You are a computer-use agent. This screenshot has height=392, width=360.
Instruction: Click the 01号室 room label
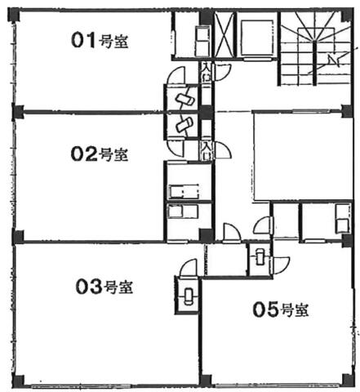100,40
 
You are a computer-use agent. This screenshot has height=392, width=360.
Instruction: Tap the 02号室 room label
99,154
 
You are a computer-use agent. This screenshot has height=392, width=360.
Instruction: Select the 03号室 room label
104,287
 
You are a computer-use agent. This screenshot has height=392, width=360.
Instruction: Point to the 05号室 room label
281,310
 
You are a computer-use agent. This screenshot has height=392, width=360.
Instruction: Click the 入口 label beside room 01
206,72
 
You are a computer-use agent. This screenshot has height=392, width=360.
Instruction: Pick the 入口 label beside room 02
206,150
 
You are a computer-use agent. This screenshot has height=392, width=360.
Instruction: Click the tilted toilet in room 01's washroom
185,99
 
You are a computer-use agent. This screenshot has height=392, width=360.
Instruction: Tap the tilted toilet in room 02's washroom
184,124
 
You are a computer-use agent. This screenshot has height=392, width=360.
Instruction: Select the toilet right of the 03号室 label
188,296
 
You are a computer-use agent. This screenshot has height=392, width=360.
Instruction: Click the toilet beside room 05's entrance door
260,256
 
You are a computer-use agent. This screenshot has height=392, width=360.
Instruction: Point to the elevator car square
256,38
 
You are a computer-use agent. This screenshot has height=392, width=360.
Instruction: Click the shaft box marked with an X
224,35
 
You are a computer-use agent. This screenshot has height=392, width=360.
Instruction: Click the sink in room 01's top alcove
202,40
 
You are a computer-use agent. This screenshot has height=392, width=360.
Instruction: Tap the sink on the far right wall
342,219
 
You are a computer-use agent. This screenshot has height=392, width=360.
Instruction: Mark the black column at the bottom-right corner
348,380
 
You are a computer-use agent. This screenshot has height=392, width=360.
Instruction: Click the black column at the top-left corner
13,15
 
